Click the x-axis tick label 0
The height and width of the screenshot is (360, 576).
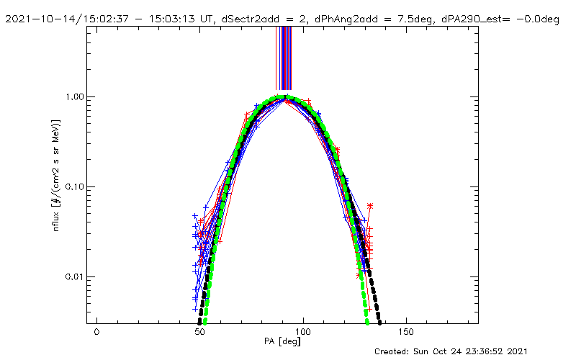click(x=96, y=332)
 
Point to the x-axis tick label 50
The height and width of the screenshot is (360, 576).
click(x=200, y=332)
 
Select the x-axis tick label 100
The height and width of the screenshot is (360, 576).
click(x=303, y=332)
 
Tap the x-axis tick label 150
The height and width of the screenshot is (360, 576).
click(x=407, y=332)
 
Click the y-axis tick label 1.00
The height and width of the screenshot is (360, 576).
click(x=75, y=97)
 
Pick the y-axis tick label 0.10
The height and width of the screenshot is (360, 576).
click(x=75, y=186)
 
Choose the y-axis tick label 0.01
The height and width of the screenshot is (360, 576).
click(x=75, y=276)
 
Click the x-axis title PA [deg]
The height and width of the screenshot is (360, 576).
click(x=282, y=341)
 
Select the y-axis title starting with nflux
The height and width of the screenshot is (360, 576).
click(x=56, y=175)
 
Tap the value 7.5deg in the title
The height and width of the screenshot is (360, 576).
click(x=414, y=19)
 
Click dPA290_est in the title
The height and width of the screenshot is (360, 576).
click(x=472, y=19)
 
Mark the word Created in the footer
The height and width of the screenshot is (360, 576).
click(x=391, y=351)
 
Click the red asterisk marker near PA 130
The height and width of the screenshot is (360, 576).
click(x=370, y=206)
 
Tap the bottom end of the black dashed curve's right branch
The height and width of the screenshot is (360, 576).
click(x=380, y=323)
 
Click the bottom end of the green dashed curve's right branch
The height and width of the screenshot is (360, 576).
click(x=367, y=323)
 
